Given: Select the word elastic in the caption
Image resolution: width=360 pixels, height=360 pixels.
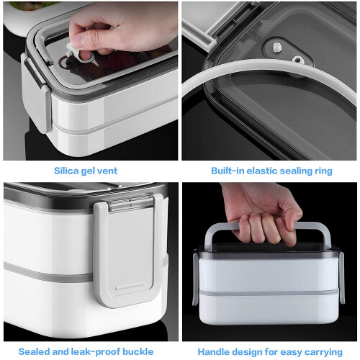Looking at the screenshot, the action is pos(262,171).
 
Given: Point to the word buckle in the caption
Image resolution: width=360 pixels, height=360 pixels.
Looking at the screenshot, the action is pos(138,351).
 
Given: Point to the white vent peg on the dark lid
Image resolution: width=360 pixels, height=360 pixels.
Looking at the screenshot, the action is pos(276,47).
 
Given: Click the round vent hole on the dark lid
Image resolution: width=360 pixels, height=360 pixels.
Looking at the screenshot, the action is pos(297,59).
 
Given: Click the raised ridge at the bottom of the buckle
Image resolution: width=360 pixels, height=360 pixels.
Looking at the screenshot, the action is pos(130,287).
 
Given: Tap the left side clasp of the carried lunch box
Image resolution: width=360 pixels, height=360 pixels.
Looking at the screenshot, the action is pos(195,279).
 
